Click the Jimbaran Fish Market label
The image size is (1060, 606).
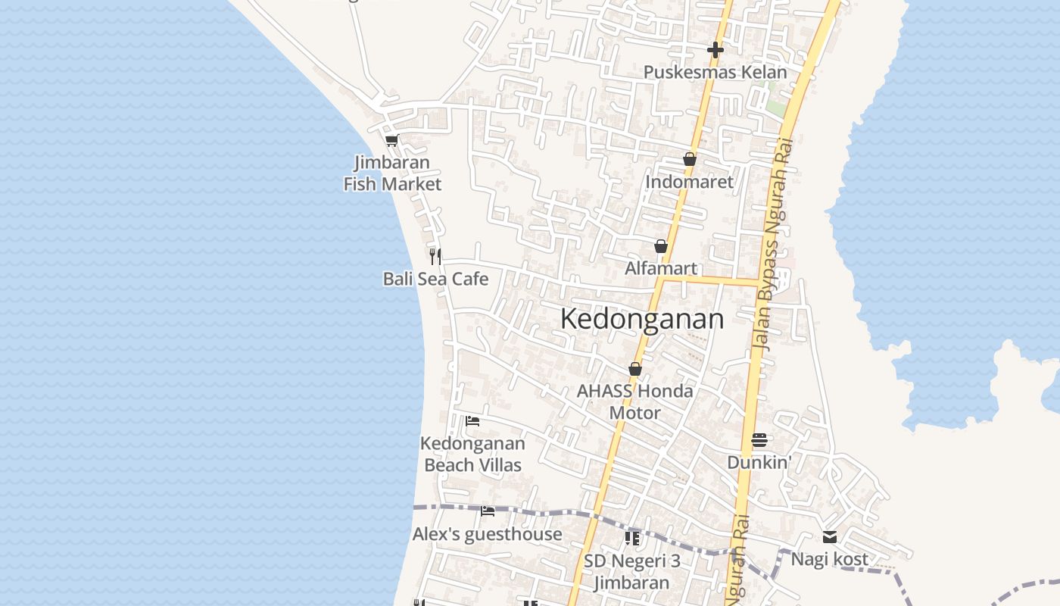pyautogui.click(x=392, y=173)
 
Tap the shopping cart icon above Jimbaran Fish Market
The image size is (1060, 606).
pyautogui.click(x=391, y=140)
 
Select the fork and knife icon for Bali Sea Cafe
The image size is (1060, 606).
pyautogui.click(x=435, y=256)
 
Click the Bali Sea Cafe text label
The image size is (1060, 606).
pyautogui.click(x=435, y=279)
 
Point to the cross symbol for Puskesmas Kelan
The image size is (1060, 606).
pyautogui.click(x=715, y=50)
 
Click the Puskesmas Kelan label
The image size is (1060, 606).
pyautogui.click(x=715, y=72)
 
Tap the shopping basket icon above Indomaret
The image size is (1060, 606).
pyautogui.click(x=690, y=159)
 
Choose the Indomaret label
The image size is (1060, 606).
pyautogui.click(x=689, y=182)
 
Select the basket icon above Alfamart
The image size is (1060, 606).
pyautogui.click(x=661, y=246)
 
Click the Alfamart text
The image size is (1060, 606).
pyautogui.click(x=661, y=268)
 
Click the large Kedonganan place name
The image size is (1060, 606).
pyautogui.click(x=642, y=319)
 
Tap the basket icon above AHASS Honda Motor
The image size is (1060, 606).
pyautogui.click(x=635, y=369)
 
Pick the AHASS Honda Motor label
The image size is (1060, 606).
pyautogui.click(x=635, y=401)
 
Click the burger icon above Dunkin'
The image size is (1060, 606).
pyautogui.click(x=759, y=440)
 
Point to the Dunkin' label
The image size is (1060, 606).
pyautogui.click(x=759, y=462)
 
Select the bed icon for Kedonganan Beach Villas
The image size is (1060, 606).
pyautogui.click(x=472, y=420)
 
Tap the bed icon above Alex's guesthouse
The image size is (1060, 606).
pyautogui.click(x=488, y=511)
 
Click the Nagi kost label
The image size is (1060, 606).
pyautogui.click(x=830, y=559)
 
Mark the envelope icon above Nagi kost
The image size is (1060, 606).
pyautogui.click(x=830, y=537)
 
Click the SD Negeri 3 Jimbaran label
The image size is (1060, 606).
pyautogui.click(x=632, y=571)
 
